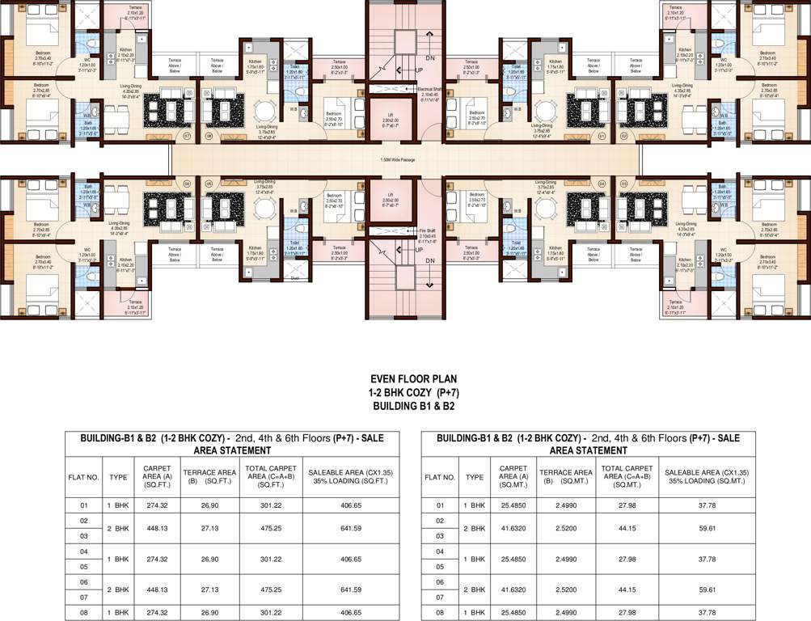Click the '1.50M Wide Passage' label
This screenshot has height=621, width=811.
click(398, 159)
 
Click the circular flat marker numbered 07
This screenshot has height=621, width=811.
click(187, 136)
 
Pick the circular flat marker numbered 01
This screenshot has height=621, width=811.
click(602, 136)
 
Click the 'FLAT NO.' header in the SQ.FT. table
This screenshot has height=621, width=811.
click(83, 477)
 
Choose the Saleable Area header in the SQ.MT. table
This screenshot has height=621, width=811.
click(706, 476)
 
